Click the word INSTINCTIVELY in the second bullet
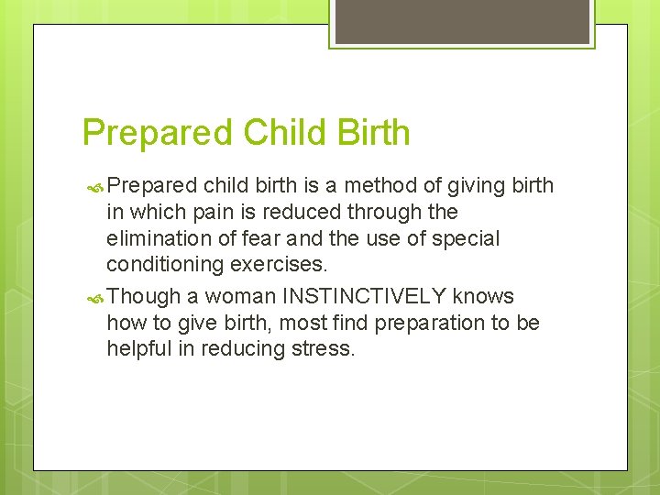coord(364,296)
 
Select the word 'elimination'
coord(156,238)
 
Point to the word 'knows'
coord(483,296)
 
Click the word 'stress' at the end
coord(325,349)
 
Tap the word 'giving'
coord(477,185)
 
